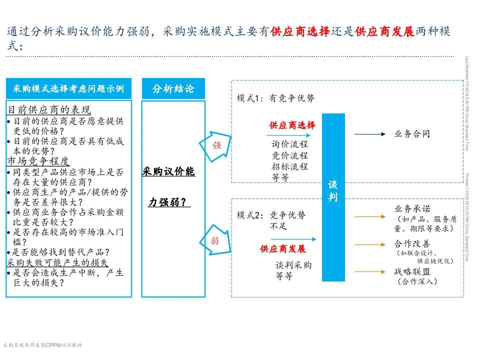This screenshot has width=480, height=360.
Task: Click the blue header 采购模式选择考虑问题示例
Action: (68, 89)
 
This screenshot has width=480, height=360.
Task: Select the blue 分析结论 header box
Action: (173, 89)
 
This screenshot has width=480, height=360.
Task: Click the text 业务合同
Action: (412, 134)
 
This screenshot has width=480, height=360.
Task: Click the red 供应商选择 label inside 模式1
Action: (292, 125)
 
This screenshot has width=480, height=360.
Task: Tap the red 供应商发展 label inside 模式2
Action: (282, 248)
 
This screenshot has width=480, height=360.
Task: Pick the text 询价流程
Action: (290, 144)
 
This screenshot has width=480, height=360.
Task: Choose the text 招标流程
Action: (290, 166)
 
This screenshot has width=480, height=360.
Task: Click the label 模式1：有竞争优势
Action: (276, 98)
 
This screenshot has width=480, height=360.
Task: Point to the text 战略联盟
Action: (412, 271)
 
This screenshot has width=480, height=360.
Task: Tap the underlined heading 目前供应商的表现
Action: (49, 110)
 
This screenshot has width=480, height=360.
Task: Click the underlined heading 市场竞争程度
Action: (38, 161)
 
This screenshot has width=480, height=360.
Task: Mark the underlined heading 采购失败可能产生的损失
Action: (57, 262)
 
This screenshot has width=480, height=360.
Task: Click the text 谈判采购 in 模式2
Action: (293, 265)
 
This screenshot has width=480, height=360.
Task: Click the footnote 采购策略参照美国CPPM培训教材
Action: (42, 345)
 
